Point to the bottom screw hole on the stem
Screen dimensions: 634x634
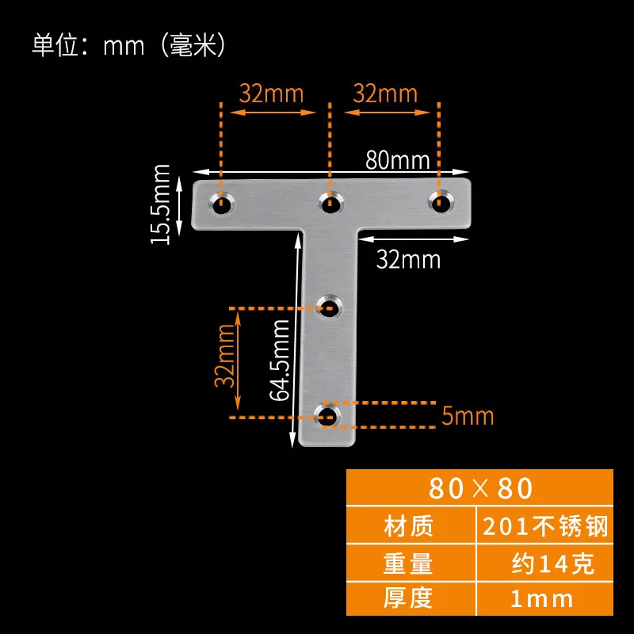(x=326, y=414)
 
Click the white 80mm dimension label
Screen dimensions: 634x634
(x=397, y=160)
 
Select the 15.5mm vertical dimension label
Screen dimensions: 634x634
(x=162, y=203)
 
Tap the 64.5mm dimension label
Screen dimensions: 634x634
(x=279, y=361)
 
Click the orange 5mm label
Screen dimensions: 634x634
(x=468, y=415)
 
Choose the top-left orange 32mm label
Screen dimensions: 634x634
(x=272, y=94)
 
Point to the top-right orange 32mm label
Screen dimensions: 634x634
(x=385, y=94)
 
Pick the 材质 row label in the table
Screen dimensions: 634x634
(x=408, y=526)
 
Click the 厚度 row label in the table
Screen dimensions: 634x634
(x=408, y=598)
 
